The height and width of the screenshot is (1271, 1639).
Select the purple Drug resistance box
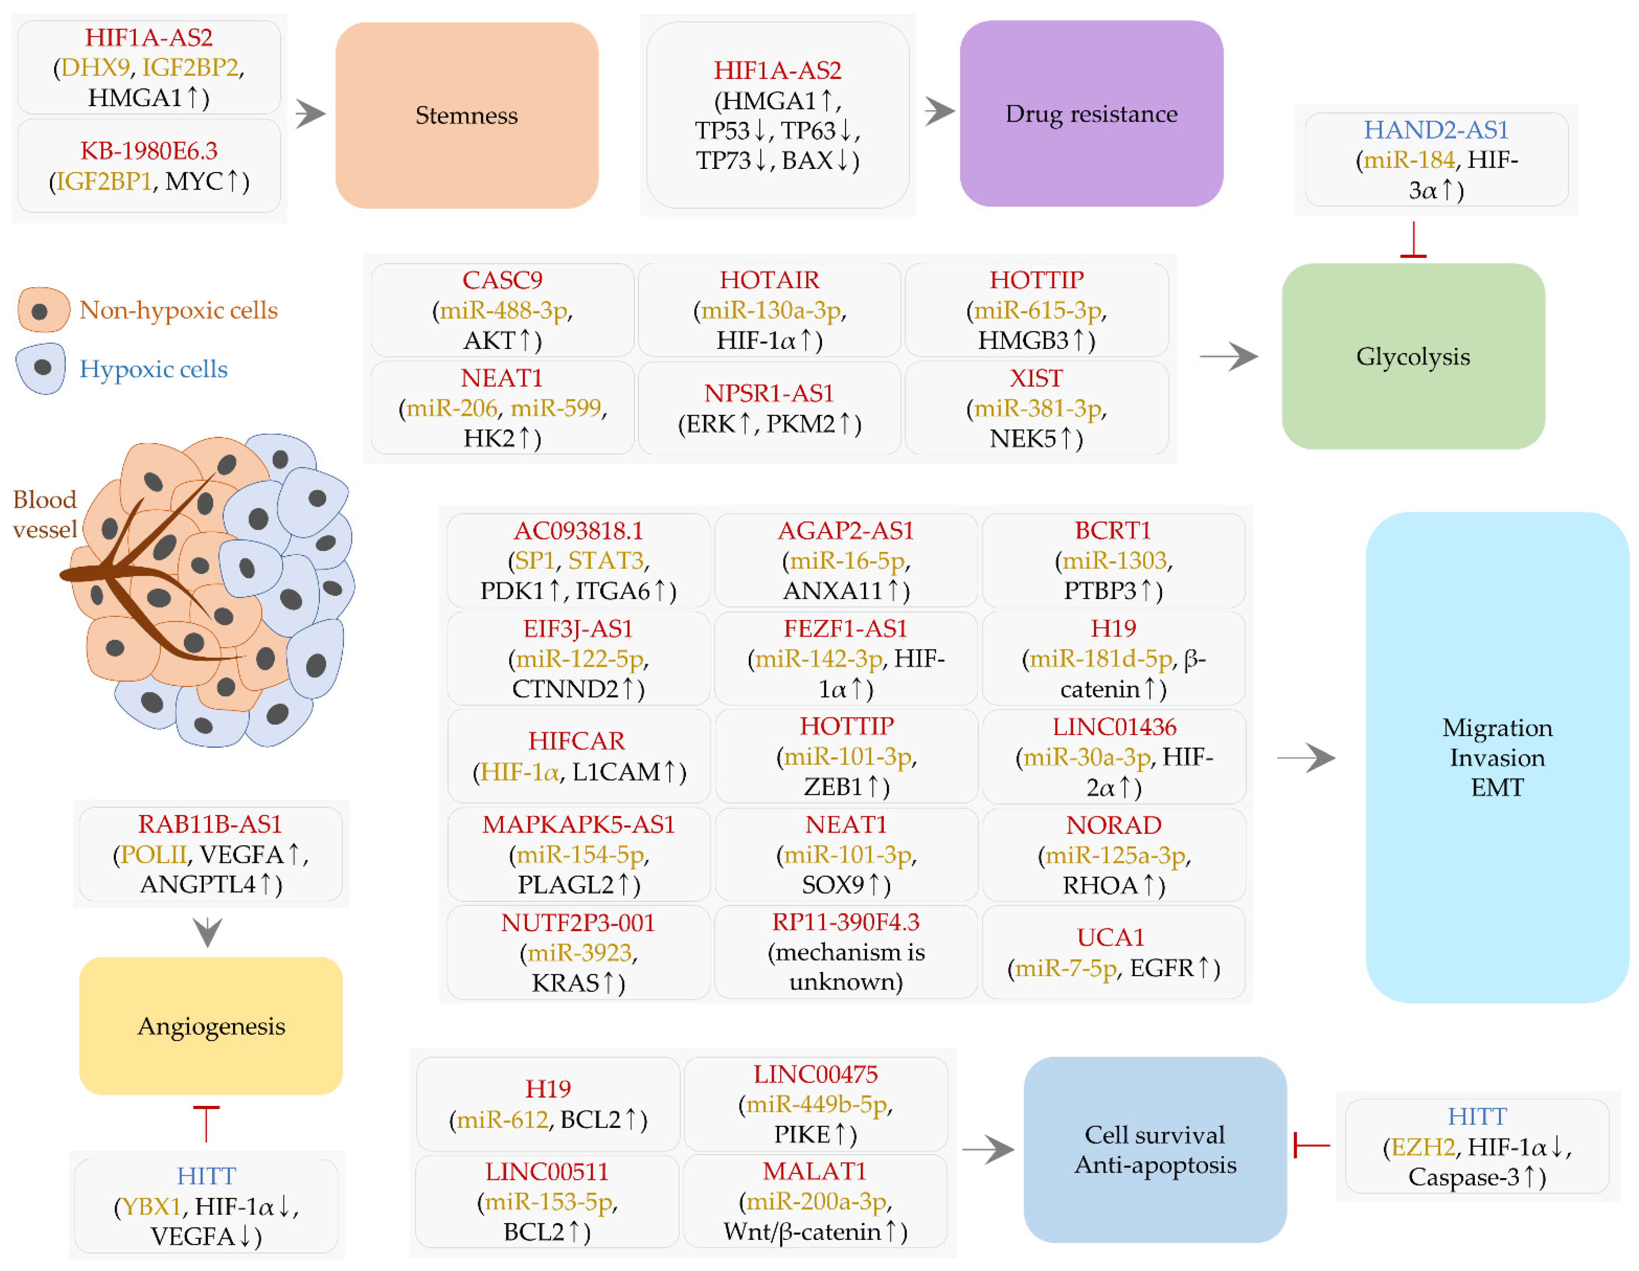[x=1091, y=113]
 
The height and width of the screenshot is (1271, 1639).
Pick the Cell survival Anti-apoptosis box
[x=1155, y=1149]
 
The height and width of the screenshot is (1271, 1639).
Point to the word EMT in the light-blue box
[x=1497, y=788]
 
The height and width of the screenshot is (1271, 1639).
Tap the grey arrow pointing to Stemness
[x=310, y=114]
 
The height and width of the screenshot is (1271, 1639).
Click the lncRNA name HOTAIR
[x=769, y=280]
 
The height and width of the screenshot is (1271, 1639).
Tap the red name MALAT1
[x=814, y=1171]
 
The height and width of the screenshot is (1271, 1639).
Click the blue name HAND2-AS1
[x=1436, y=130]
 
